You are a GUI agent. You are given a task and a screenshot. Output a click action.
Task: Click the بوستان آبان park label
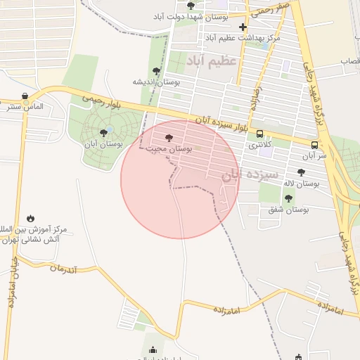coord(103,143)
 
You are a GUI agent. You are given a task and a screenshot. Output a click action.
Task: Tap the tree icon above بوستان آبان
coord(103,132)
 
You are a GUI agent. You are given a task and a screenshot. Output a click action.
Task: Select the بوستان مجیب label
coord(172,149)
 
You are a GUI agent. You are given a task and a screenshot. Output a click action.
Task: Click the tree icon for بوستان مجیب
coord(167,139)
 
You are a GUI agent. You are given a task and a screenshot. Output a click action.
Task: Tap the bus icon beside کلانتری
coord(260,134)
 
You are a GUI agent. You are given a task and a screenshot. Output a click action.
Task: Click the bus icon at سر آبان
coord(314,145)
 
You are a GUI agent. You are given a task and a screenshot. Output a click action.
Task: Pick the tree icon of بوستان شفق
coord(288,198)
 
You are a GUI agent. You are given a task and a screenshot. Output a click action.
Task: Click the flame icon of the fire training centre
coord(30,219)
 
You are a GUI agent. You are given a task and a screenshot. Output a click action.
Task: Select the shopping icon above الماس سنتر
coord(25,96)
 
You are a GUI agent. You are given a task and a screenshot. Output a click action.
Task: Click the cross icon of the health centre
coord(243,27)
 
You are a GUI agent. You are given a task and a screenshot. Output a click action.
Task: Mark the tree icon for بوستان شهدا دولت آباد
coord(191,6)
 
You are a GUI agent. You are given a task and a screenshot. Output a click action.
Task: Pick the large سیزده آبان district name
coord(250,174)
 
